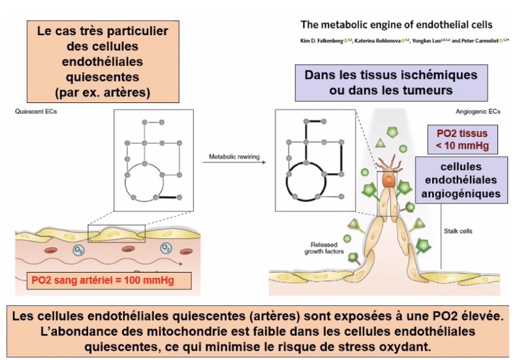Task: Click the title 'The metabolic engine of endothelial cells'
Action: pyautogui.click(x=396, y=25)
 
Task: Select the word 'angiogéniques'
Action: pyautogui.click(x=462, y=194)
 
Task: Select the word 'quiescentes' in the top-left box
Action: pyautogui.click(x=99, y=78)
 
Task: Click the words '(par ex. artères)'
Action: pyautogui.click(x=99, y=92)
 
